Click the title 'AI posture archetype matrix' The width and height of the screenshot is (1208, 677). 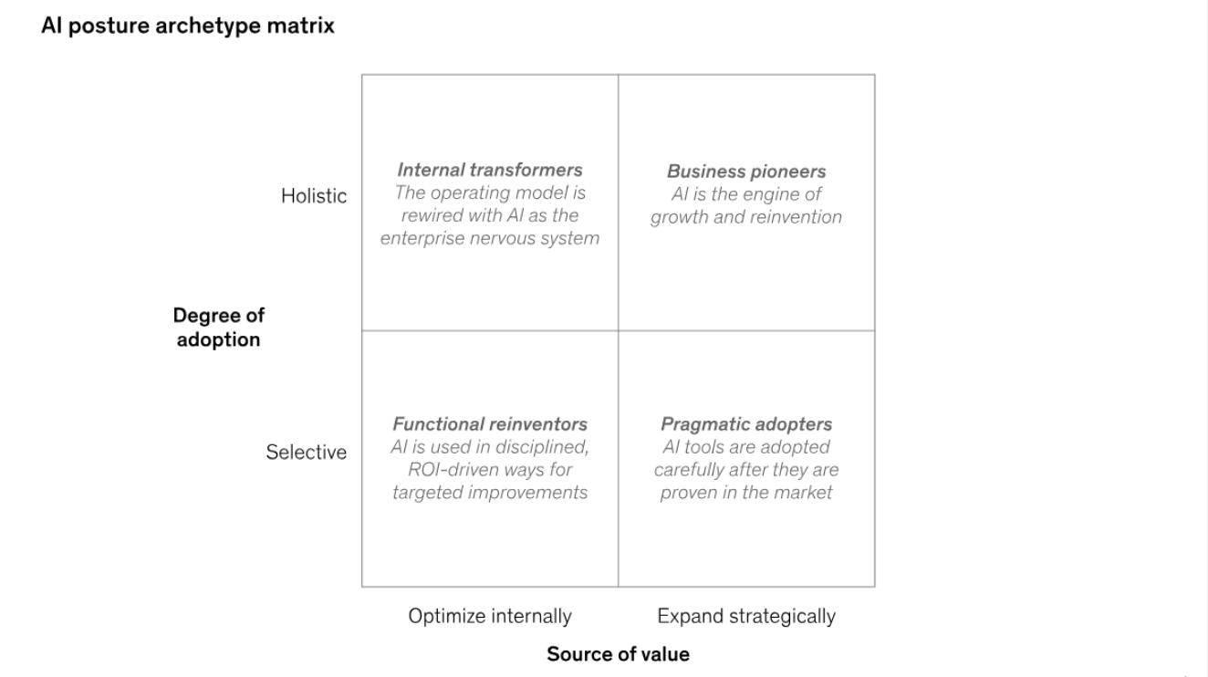pyautogui.click(x=188, y=26)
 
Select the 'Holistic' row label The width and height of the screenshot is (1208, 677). pyautogui.click(x=314, y=196)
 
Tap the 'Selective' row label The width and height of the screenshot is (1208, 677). pyautogui.click(x=307, y=453)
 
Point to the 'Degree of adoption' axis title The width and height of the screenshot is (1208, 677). pyautogui.click(x=218, y=328)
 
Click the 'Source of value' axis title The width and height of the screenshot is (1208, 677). pyautogui.click(x=618, y=654)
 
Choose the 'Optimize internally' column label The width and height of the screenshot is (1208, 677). pyautogui.click(x=490, y=617)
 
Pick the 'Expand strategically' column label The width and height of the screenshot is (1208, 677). pyautogui.click(x=746, y=617)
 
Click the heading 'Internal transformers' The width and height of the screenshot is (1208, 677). pyautogui.click(x=490, y=171)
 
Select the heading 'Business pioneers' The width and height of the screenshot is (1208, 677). pyautogui.click(x=746, y=172)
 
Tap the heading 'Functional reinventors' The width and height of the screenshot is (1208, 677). pyautogui.click(x=490, y=424)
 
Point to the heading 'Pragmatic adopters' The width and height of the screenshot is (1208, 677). pyautogui.click(x=746, y=424)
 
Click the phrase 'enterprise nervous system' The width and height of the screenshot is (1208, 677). pyautogui.click(x=490, y=239)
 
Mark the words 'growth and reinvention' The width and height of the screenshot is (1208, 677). pyautogui.click(x=746, y=217)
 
